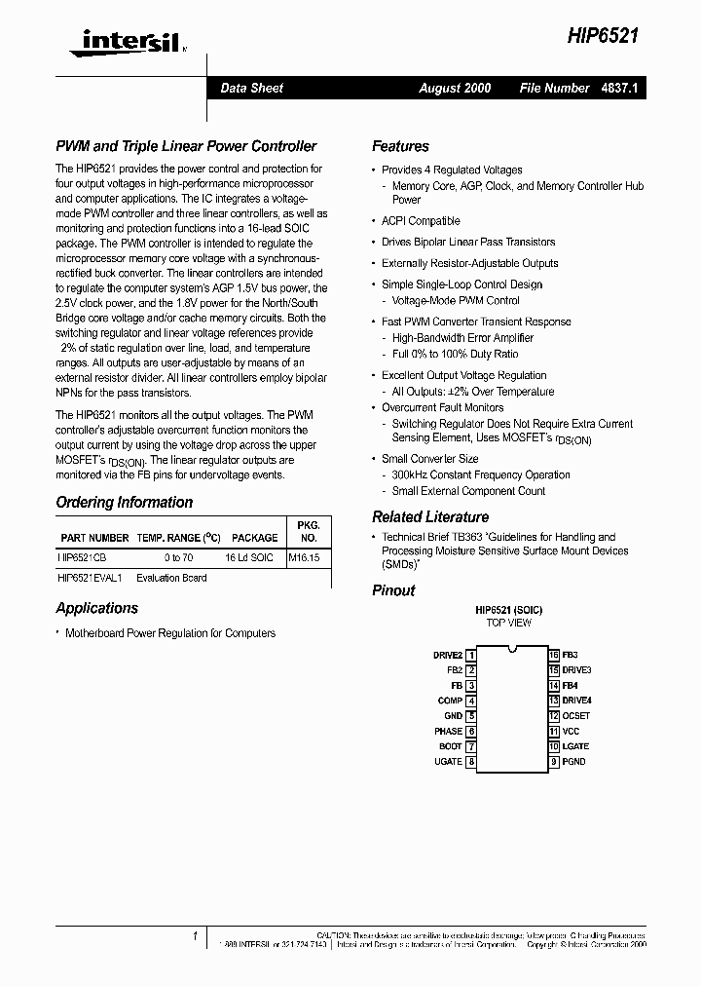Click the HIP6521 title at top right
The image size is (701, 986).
click(x=603, y=36)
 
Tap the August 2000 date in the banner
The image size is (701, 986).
click(x=455, y=88)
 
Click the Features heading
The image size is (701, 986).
click(x=400, y=146)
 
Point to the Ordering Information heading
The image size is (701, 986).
click(x=124, y=503)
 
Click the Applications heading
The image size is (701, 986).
click(x=96, y=608)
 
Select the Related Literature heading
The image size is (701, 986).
click(x=429, y=517)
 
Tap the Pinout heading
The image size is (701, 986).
click(x=393, y=590)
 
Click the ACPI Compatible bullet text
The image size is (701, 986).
click(x=421, y=221)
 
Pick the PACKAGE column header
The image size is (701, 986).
click(x=255, y=538)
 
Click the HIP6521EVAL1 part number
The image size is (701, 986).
click(x=91, y=578)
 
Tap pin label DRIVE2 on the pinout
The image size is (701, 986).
click(x=448, y=656)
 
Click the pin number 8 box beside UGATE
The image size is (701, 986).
click(x=471, y=761)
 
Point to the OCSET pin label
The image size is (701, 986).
click(x=576, y=716)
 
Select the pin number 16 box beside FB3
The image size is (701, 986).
click(x=553, y=656)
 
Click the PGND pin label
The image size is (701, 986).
click(x=574, y=761)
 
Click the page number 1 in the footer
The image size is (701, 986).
click(x=196, y=936)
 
